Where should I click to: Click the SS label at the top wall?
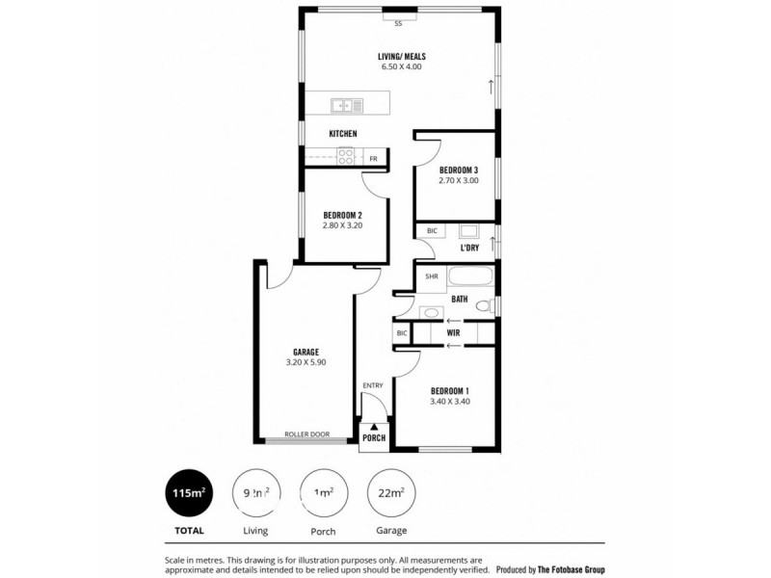tap(397, 23)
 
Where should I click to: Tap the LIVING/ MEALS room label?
tap(401, 57)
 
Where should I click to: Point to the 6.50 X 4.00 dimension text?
tap(401, 68)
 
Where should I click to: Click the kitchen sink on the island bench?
tap(346, 104)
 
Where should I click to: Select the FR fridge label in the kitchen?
tap(374, 158)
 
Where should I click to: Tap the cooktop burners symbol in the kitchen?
tap(345, 157)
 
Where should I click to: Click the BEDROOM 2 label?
tap(342, 214)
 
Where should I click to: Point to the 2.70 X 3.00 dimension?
tap(459, 181)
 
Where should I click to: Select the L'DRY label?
tap(469, 249)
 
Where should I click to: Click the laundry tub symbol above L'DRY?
tap(468, 231)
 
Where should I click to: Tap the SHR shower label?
tap(430, 276)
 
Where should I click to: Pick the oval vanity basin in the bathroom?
tap(430, 312)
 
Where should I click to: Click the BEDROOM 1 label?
tap(449, 390)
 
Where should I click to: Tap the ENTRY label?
tap(373, 385)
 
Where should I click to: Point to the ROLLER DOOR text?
tap(307, 434)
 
